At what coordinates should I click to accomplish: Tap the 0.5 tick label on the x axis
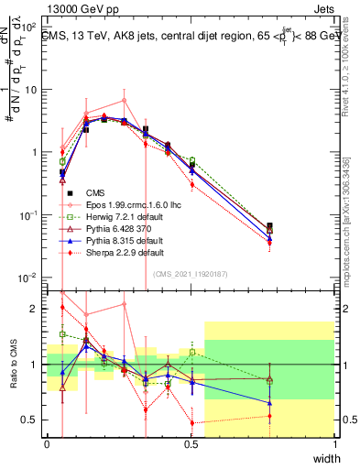point(191,444)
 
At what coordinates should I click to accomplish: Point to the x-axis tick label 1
point(334,444)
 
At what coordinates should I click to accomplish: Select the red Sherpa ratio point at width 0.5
point(191,423)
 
